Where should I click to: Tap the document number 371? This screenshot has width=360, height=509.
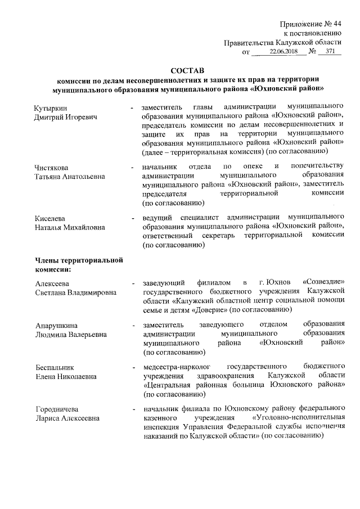click(x=330, y=52)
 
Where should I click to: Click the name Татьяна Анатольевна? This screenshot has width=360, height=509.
click(x=70, y=176)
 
